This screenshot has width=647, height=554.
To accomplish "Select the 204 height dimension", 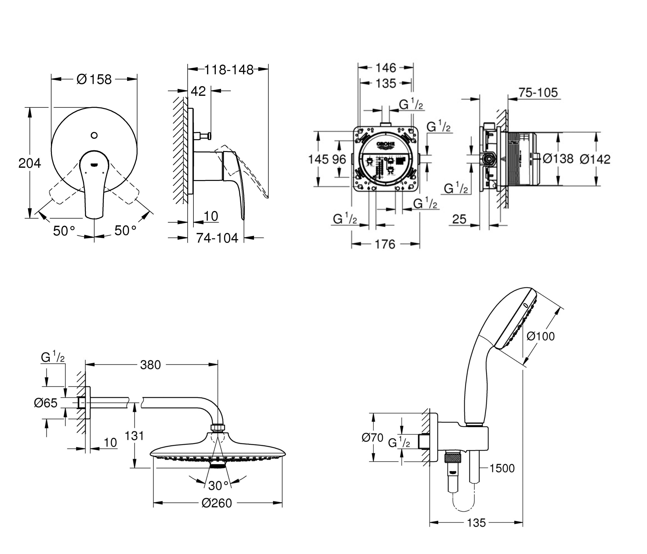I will (x=30, y=163).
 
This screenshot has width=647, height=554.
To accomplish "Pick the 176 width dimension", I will (x=385, y=244).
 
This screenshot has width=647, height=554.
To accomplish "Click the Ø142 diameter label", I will (x=595, y=159).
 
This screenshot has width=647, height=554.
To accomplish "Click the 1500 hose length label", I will (x=502, y=468).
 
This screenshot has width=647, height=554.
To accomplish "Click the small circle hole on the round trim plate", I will (x=94, y=135).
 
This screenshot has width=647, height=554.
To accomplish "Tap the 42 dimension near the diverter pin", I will (x=198, y=91).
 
